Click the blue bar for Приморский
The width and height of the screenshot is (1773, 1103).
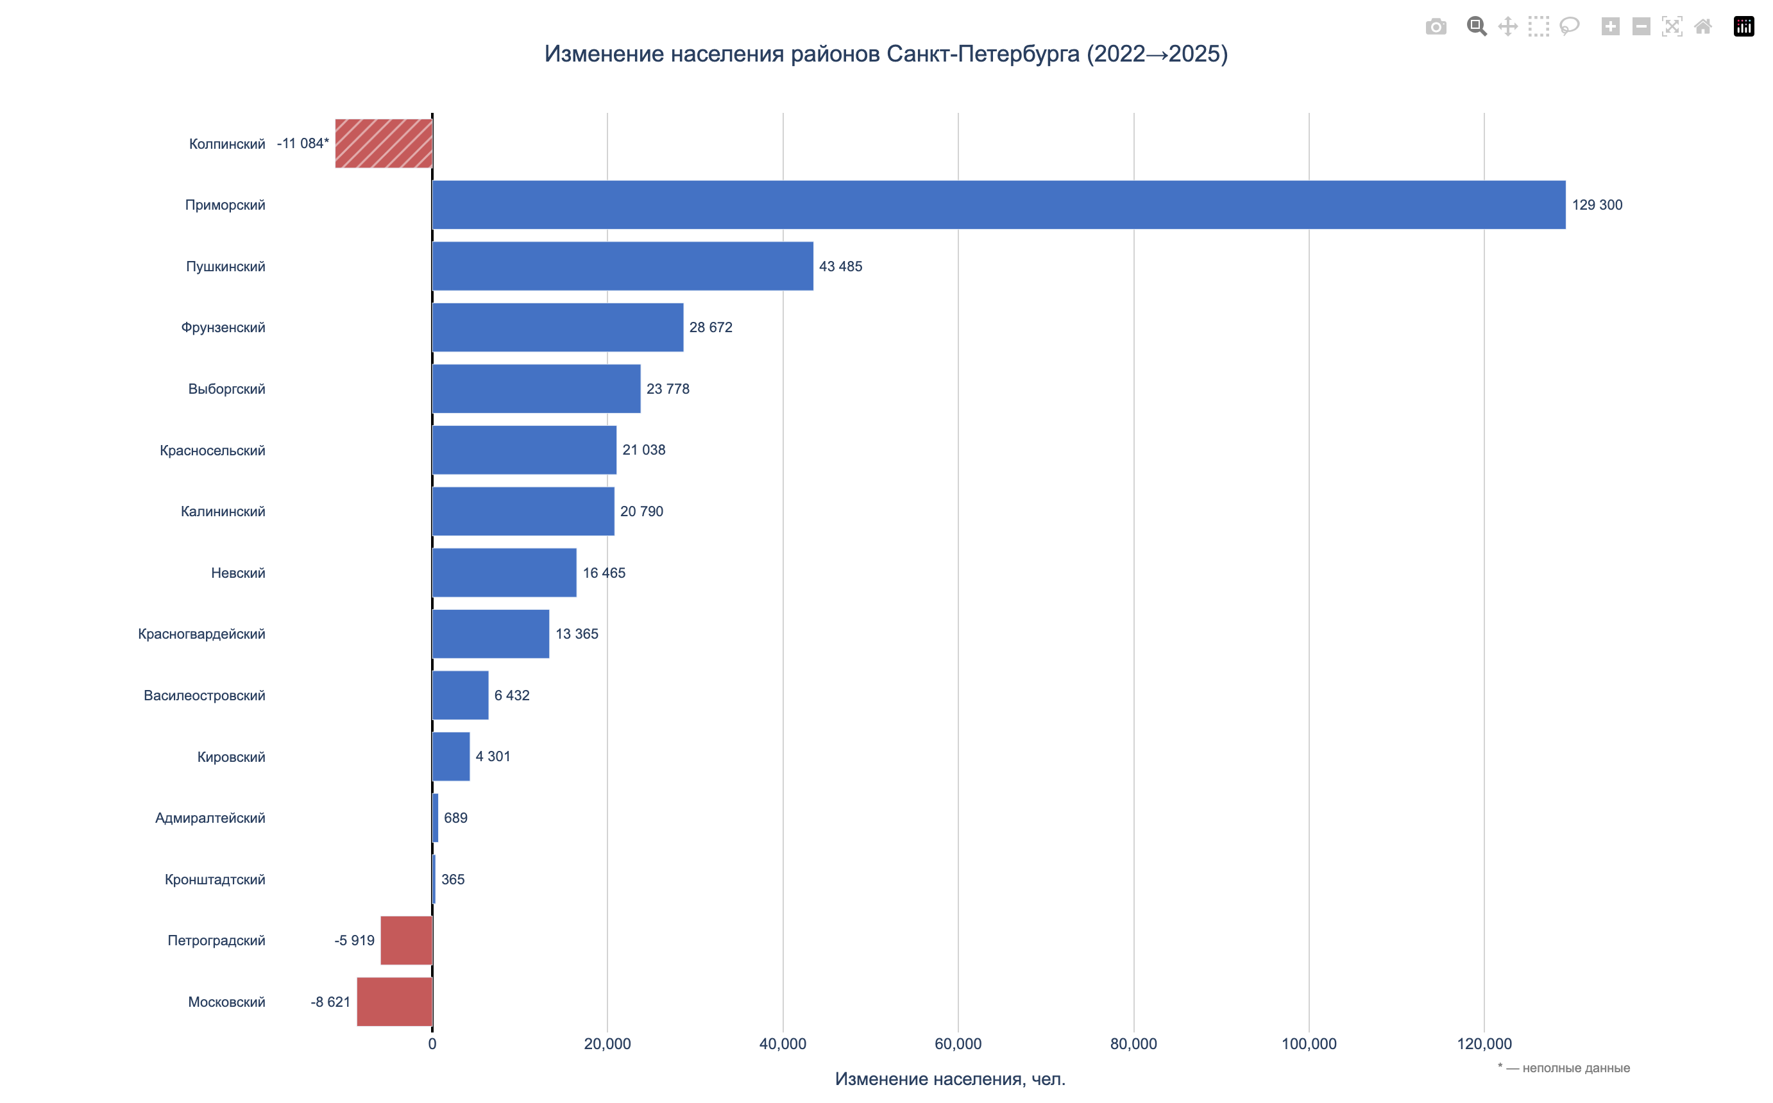tap(998, 205)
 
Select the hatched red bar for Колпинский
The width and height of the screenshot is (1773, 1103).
tap(384, 144)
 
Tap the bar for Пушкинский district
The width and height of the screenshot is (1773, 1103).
tap(622, 266)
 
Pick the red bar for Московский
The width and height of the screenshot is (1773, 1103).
tap(394, 1002)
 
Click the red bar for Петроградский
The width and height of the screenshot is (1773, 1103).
tap(407, 940)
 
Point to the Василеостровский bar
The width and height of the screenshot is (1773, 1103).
tap(461, 695)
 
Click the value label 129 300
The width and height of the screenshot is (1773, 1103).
tap(1597, 205)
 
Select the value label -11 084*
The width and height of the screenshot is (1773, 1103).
tap(303, 144)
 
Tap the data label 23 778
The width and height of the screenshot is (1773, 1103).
tap(668, 389)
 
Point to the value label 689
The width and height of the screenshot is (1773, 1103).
tap(455, 818)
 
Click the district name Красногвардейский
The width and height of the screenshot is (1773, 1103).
tap(201, 634)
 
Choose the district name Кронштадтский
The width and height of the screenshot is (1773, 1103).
tap(214, 879)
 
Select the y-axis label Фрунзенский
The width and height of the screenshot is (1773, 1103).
tap(223, 328)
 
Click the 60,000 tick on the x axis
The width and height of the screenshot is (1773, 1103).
tap(957, 1044)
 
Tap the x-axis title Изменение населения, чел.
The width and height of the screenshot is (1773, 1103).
tap(950, 1079)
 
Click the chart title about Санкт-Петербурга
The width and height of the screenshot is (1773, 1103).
tap(886, 54)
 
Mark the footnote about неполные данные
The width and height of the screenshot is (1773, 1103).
tap(1564, 1068)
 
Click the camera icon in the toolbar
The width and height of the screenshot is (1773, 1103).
tap(1435, 27)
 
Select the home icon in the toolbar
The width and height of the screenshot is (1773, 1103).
tap(1702, 27)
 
